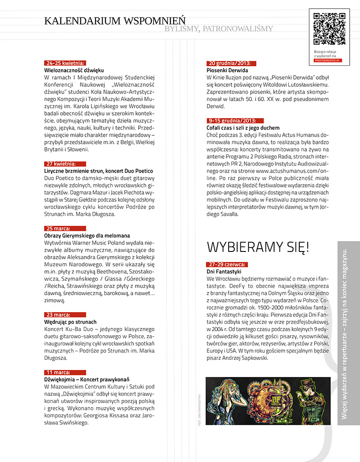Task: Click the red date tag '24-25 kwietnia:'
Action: click(x=65, y=63)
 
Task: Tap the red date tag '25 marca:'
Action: click(x=58, y=229)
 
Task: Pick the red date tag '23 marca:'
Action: click(x=58, y=315)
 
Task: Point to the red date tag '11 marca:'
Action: click(x=58, y=372)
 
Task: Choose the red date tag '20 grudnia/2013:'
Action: click(x=229, y=63)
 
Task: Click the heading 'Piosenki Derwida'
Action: click(x=227, y=71)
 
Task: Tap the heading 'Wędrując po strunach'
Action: click(x=70, y=322)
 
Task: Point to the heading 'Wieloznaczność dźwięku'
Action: click(x=74, y=71)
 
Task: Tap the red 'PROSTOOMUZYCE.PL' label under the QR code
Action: click(x=328, y=60)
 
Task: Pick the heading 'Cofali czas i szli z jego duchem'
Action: click(x=243, y=128)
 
